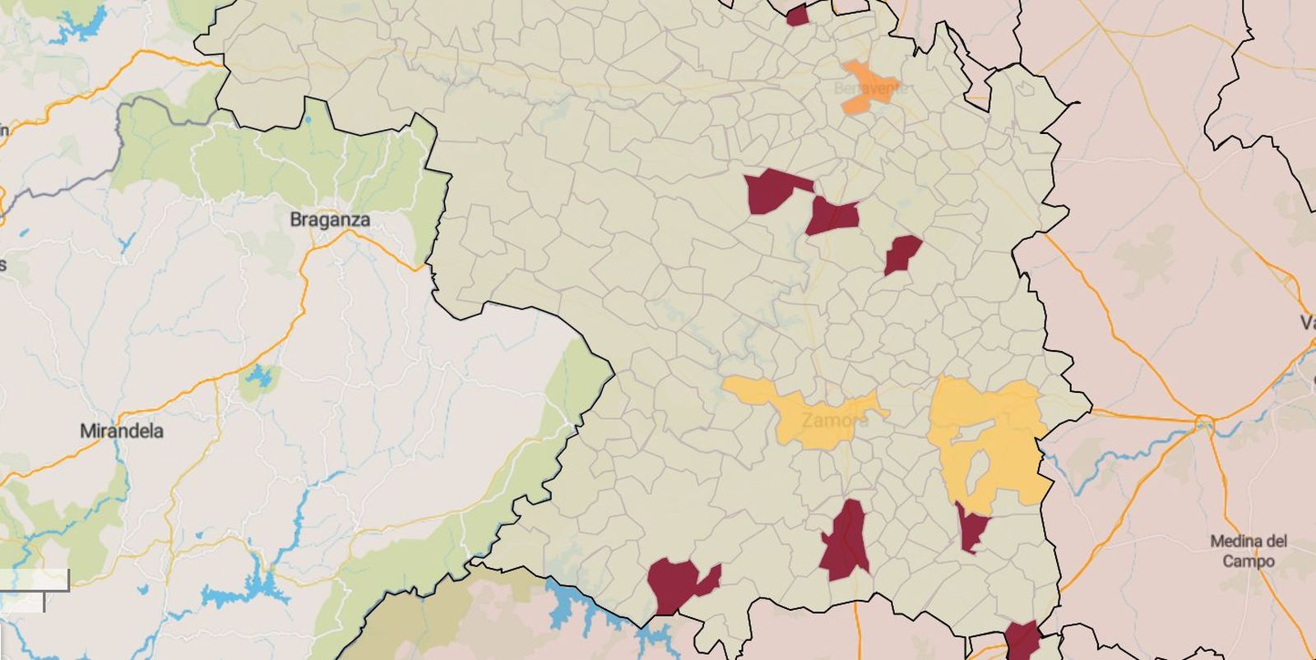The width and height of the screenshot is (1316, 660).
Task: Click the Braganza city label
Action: [x=329, y=219]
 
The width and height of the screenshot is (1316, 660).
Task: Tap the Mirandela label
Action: [x=122, y=431]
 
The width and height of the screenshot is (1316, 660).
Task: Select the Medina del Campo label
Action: [x=1248, y=551]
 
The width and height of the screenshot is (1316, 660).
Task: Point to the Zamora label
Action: [x=834, y=420]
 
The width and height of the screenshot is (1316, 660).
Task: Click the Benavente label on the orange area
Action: [x=870, y=87]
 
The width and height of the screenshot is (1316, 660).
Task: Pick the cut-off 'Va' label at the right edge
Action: [x=1307, y=322]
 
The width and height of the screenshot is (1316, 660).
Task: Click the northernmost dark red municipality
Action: [x=797, y=16]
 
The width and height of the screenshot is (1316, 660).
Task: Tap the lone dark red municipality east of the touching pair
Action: [x=902, y=253]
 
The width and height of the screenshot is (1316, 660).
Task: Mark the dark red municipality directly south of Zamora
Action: [x=846, y=542]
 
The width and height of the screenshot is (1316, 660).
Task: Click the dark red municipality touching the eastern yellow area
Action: [x=972, y=528]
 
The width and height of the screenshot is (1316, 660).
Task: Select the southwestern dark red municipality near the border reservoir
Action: [x=676, y=584]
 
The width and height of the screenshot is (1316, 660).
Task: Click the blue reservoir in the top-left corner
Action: [x=82, y=25]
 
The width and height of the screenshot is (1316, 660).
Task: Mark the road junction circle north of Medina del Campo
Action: [x=1204, y=424]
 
